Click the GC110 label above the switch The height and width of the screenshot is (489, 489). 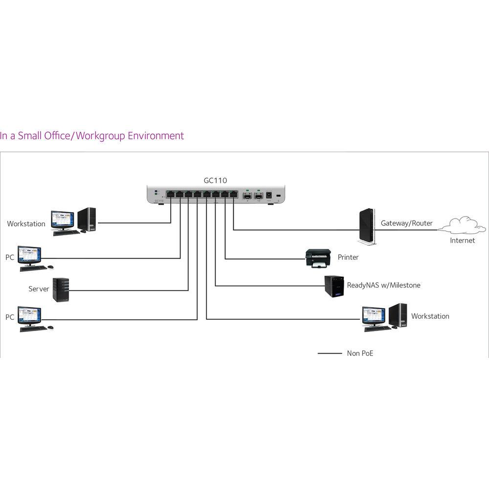pyautogui.click(x=215, y=180)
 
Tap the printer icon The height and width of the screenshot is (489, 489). pyautogui.click(x=317, y=258)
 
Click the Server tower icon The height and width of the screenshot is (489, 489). pyautogui.click(x=61, y=289)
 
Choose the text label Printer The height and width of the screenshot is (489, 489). pyautogui.click(x=348, y=257)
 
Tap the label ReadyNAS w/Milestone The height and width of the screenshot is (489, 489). pyautogui.click(x=383, y=285)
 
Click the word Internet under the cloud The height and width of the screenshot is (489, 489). pyautogui.click(x=462, y=241)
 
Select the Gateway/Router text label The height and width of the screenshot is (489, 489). pyautogui.click(x=406, y=223)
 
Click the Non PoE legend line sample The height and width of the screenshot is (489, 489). pyautogui.click(x=330, y=353)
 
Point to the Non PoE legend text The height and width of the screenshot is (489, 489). pyautogui.click(x=360, y=353)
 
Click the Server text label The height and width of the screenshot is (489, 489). pyautogui.click(x=39, y=289)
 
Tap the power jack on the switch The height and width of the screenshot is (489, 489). pyautogui.click(x=268, y=196)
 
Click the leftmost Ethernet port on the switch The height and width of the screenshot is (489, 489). pyautogui.click(x=170, y=194)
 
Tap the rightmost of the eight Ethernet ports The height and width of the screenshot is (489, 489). pyautogui.click(x=233, y=194)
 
